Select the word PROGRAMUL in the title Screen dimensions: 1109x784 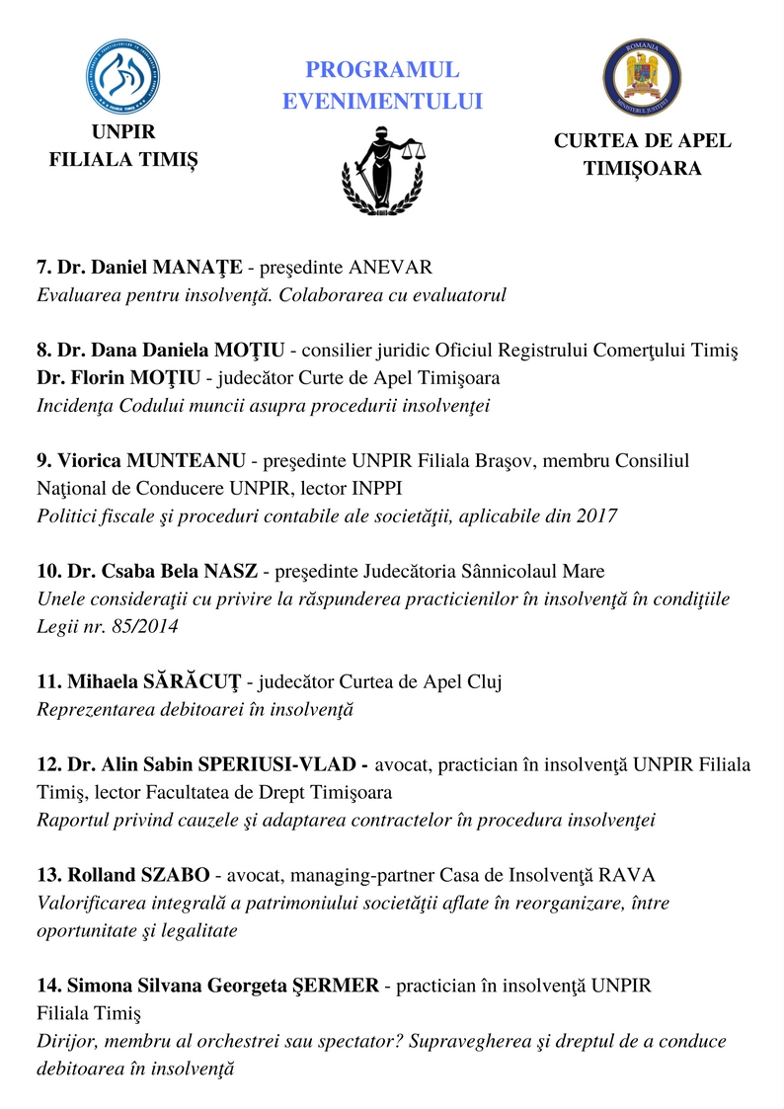[382, 70]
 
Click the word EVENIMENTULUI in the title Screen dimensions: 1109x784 [382, 101]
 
